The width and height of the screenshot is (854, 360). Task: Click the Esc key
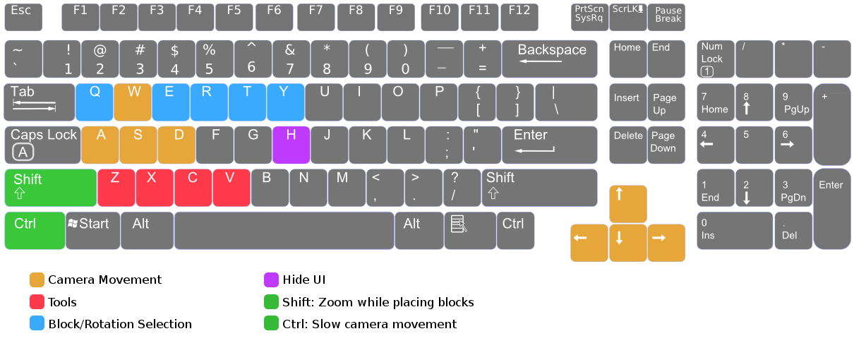coord(23,17)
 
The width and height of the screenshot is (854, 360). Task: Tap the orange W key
coord(133,102)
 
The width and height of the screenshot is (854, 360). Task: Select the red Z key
coord(116,187)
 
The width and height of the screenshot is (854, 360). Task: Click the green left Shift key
coord(50,187)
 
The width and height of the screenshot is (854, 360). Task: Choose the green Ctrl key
coord(34,231)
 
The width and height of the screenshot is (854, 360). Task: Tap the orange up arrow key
coord(627,204)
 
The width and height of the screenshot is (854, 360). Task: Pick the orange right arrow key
coord(666,242)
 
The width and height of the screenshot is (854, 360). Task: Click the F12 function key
coord(519,17)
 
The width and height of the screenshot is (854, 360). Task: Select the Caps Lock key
coord(42,145)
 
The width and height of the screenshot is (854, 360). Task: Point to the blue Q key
coord(95,102)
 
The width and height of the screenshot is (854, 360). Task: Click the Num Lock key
coord(716,59)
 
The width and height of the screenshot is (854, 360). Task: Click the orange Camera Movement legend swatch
coord(37,280)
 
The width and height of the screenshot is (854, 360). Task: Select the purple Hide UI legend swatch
coord(271,280)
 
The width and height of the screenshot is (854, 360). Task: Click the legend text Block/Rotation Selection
coord(120,324)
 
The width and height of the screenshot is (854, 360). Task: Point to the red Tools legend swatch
coord(37,302)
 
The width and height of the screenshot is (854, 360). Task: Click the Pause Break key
coord(667,17)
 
